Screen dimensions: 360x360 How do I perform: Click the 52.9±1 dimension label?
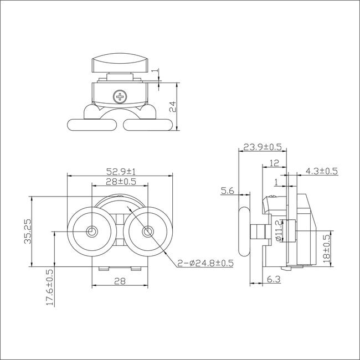pos(121,171)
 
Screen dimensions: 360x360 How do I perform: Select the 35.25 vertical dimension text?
pos(28,231)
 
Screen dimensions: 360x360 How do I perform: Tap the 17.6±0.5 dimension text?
pos(50,287)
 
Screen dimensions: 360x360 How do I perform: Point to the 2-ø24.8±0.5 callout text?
pos(205,263)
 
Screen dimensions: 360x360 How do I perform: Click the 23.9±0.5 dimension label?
pos(263,147)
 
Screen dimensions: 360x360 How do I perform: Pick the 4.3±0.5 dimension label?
pos(322,171)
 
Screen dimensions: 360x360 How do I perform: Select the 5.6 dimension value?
pos(227,191)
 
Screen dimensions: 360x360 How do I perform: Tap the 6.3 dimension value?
pos(274,279)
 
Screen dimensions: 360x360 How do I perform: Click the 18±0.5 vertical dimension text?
pos(326,249)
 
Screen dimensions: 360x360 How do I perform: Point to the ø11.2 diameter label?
pos(279,230)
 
